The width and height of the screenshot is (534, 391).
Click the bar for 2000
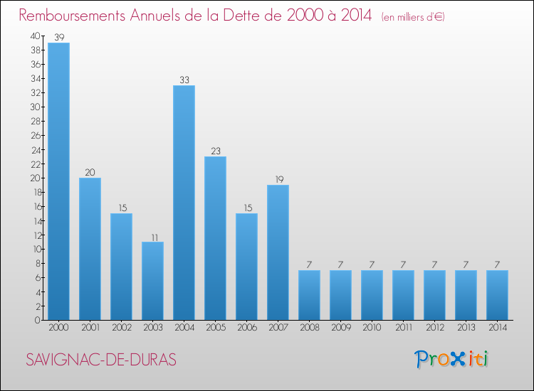point(58,181)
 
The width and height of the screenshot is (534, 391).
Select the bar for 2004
point(184,203)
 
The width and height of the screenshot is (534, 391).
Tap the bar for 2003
point(152,281)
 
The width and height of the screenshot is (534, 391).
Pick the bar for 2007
point(278,252)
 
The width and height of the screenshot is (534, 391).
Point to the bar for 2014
point(497,295)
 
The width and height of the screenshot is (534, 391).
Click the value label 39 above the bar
point(58,37)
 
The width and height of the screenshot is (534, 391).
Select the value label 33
point(184,80)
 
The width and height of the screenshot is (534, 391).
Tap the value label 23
point(215,151)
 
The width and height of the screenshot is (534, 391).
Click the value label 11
point(152,236)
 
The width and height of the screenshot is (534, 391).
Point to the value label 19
point(278,179)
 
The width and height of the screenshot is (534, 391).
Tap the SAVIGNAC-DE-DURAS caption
point(101,360)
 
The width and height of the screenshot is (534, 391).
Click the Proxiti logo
point(451,359)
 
